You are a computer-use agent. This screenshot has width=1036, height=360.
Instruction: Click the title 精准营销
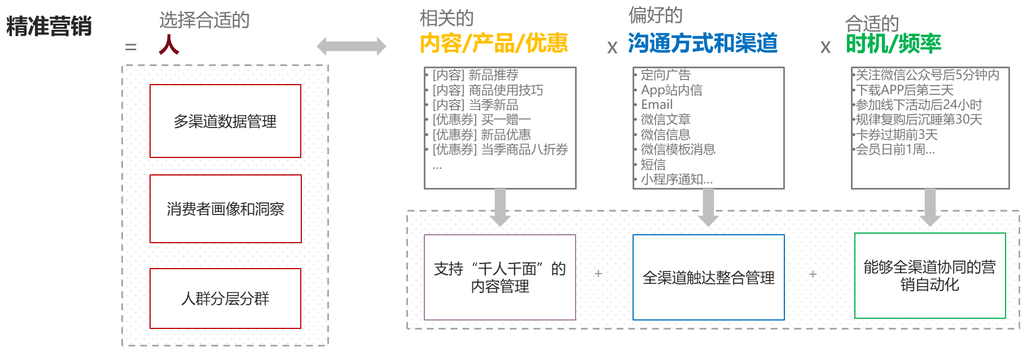[x=49, y=27]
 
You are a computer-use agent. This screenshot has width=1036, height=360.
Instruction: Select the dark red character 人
[x=169, y=45]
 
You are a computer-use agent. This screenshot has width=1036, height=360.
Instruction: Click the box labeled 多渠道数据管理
[x=225, y=121]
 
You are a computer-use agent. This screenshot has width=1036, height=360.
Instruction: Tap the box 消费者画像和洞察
[x=225, y=209]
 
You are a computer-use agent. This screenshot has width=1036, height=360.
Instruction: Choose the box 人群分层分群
[x=225, y=298]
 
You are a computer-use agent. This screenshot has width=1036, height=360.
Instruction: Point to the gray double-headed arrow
[x=352, y=46]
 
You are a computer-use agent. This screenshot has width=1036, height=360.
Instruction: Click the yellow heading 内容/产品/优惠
[x=494, y=43]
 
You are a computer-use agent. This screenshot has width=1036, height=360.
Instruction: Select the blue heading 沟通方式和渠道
[x=703, y=43]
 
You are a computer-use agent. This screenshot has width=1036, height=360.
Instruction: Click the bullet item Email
[x=657, y=104]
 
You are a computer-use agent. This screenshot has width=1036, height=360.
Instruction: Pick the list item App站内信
[x=671, y=90]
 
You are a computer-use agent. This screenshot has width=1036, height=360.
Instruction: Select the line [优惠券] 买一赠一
[x=481, y=120]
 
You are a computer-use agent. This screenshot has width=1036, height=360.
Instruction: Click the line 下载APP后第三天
[x=905, y=90]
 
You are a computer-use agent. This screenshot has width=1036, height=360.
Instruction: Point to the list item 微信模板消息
[x=678, y=150]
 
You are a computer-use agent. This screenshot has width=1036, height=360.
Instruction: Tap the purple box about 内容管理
[x=499, y=277]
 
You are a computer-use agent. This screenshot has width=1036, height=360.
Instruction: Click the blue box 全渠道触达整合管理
[x=708, y=277]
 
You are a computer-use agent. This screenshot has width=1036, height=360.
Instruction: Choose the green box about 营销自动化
[x=929, y=275]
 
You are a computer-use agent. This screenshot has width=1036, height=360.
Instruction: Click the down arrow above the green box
[x=930, y=207]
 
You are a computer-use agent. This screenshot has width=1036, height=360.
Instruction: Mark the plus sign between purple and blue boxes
[x=599, y=274]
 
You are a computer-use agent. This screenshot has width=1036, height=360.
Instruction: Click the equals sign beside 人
[x=131, y=47]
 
